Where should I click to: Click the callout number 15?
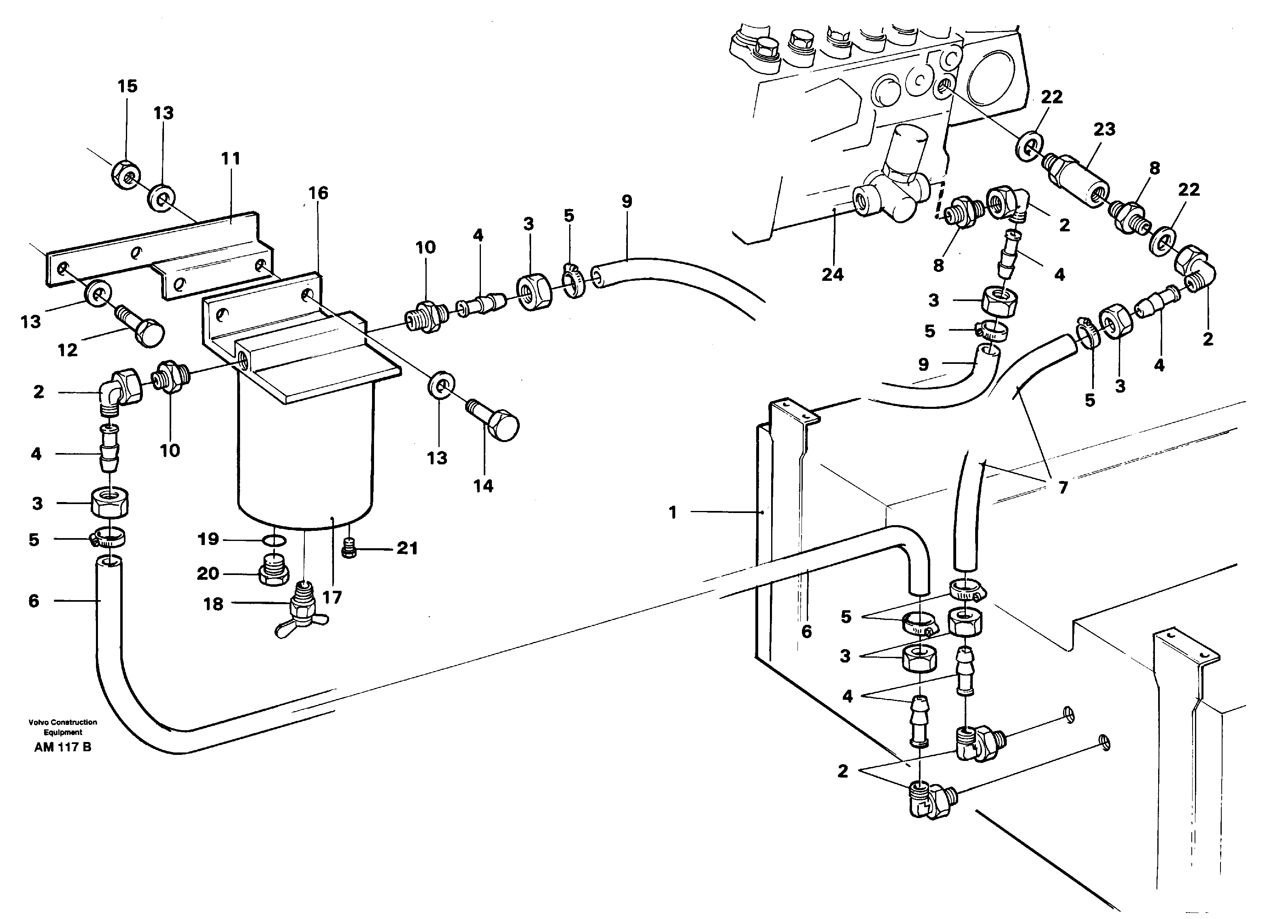[127, 86]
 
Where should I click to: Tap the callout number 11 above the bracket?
[231, 158]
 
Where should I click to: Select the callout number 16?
[318, 193]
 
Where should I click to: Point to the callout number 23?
[1104, 129]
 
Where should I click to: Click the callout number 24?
[833, 274]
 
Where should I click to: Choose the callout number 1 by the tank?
[673, 512]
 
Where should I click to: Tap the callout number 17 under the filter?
[332, 597]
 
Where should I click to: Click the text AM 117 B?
[62, 747]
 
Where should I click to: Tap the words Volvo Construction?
[63, 722]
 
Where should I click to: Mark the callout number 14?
[483, 486]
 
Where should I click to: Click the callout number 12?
[67, 350]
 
